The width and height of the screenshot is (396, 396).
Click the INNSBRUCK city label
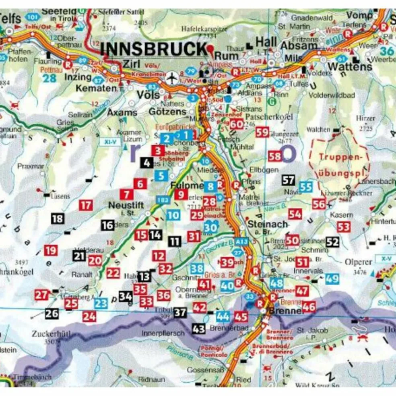pos(153,49)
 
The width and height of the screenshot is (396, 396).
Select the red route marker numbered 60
pos(237,124)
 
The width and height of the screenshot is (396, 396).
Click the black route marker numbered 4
pos(147,163)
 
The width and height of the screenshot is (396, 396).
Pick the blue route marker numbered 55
pos(306,187)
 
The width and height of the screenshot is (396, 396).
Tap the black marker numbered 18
pos(58,219)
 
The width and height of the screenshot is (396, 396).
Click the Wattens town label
pos(350,66)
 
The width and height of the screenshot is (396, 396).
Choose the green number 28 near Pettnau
pos(49,78)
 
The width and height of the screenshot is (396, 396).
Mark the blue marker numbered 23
pos(101,303)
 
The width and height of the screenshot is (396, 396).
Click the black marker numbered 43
pos(198,328)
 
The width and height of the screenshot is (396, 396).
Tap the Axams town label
pos(122,113)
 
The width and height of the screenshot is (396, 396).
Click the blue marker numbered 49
pos(332,278)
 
